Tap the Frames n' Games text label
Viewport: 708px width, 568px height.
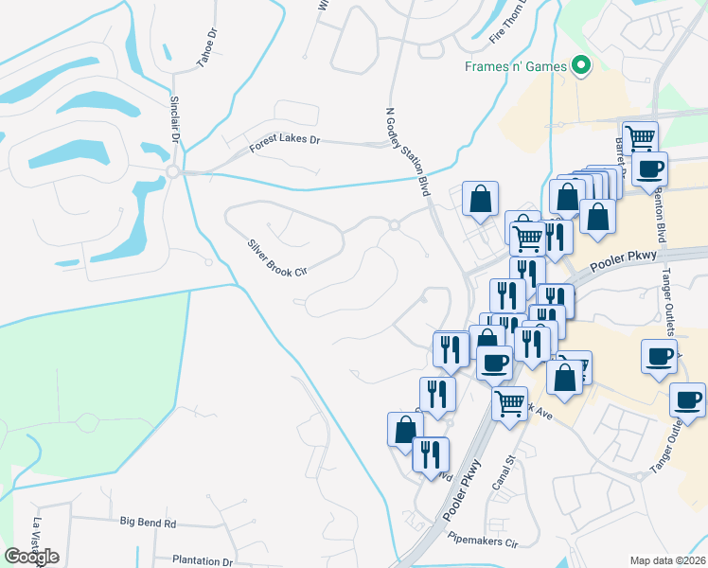[x=516, y=66]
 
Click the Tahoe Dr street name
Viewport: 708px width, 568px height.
[x=206, y=44]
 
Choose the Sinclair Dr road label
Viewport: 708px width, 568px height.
[x=175, y=118]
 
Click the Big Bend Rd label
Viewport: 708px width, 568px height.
[x=149, y=523]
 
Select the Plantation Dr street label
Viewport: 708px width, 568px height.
[x=203, y=560]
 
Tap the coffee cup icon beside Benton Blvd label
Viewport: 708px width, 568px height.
[x=650, y=169]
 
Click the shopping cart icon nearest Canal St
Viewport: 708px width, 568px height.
[x=510, y=402]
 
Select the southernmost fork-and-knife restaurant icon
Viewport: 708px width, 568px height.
[x=431, y=453]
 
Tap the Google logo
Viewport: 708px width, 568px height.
[x=31, y=557]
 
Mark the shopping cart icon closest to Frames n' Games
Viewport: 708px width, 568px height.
[x=641, y=137]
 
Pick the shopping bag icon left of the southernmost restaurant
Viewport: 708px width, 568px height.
[x=405, y=428]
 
